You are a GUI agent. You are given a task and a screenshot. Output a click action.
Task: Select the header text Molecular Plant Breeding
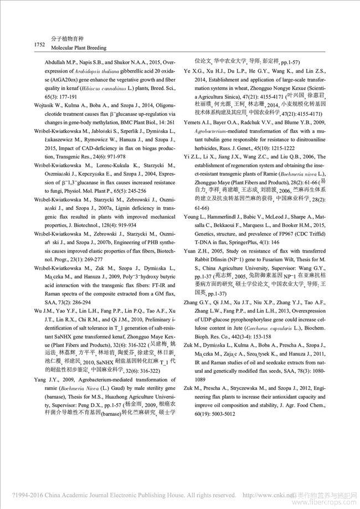tap(69, 48)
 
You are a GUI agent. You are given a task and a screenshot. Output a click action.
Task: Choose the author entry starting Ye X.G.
tap(193, 71)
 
